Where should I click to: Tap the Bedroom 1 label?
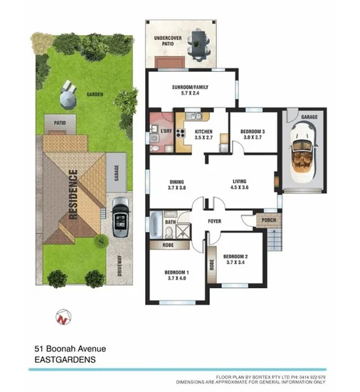tap(176, 275)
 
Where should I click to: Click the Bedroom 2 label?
tap(235, 260)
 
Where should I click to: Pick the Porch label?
tap(269, 220)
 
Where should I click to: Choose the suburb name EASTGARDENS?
tap(65, 360)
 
